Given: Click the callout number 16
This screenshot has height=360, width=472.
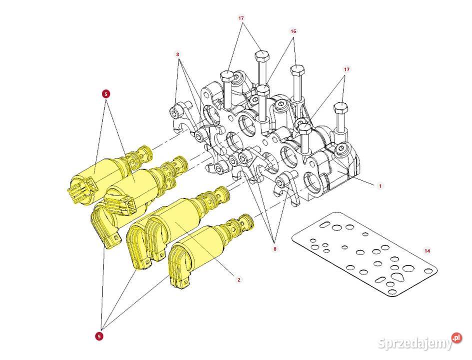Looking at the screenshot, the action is click(293, 31).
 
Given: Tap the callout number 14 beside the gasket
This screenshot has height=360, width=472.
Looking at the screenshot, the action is click(427, 250).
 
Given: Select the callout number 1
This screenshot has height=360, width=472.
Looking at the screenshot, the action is click(380, 186).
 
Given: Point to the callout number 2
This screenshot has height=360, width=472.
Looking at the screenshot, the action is click(239, 280).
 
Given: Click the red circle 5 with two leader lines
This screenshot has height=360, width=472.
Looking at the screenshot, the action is click(106, 94).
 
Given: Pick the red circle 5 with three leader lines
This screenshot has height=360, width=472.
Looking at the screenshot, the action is click(99, 336).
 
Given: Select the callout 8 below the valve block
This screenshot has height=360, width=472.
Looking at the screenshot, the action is click(275, 249).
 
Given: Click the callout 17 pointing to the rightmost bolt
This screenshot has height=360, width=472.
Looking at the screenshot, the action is click(347, 69).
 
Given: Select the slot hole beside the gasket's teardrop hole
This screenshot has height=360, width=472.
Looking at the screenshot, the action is click(380, 279).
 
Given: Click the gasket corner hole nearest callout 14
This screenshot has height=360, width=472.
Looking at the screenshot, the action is click(428, 271).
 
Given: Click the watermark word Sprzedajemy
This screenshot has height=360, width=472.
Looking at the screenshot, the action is click(415, 343).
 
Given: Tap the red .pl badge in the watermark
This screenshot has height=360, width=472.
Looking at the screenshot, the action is click(457, 337).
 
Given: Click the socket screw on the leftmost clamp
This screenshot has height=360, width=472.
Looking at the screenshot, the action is click(175, 113).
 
